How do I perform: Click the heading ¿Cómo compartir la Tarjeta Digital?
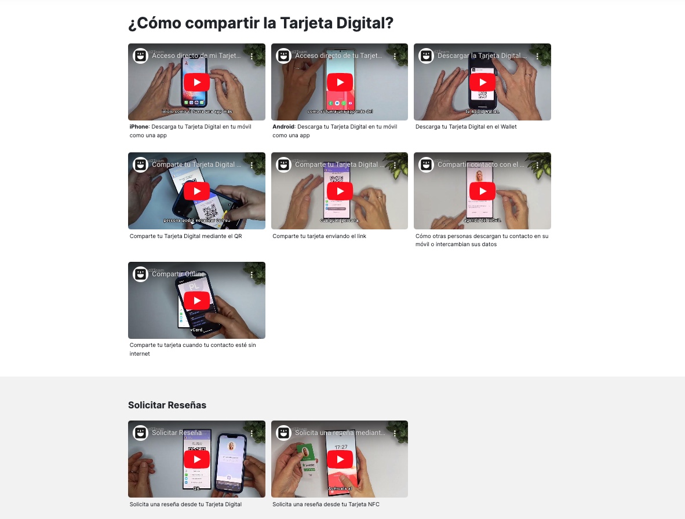pos(260,23)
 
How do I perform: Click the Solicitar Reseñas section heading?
pos(167,405)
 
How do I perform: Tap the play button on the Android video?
pos(340,82)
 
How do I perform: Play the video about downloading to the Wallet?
pos(482,82)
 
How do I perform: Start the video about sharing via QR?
pos(196,191)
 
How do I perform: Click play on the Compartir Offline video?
pos(196,300)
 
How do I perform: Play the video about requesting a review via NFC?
pos(340,459)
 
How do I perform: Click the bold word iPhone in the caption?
pos(139,127)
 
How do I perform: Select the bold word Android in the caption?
pos(283,127)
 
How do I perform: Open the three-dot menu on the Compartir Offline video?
pos(252,275)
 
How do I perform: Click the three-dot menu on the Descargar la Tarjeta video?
pos(537,56)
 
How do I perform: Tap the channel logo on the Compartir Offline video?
pos(140,274)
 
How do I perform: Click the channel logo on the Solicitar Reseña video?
pos(140,433)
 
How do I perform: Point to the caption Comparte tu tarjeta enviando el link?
pos(319,236)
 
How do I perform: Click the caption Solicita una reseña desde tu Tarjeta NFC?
pos(326,505)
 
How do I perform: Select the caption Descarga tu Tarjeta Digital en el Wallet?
pos(466,127)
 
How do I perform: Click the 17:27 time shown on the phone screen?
pos(341,447)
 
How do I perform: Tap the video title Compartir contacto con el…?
pos(480,165)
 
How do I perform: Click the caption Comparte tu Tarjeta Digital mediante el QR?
pos(185,236)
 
